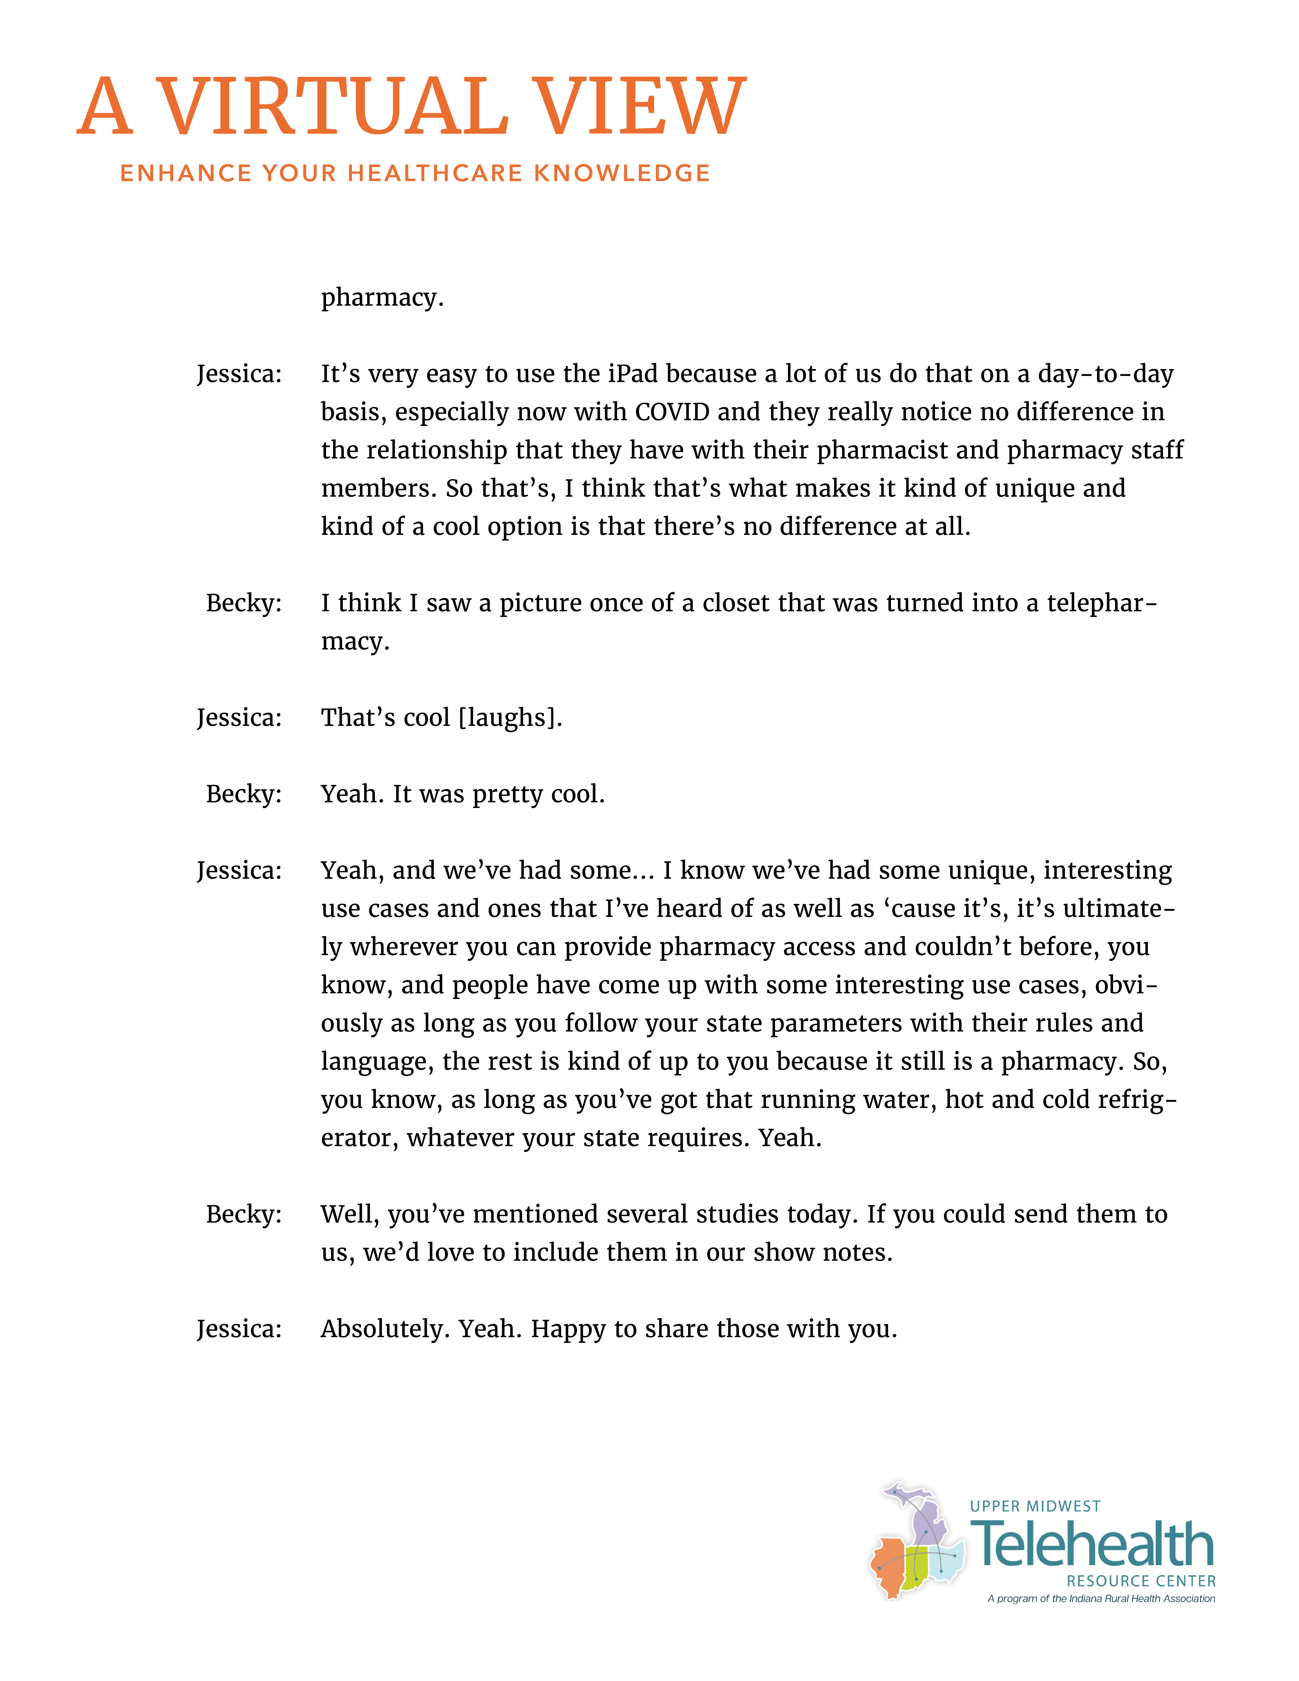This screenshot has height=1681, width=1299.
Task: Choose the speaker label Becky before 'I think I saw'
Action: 243,603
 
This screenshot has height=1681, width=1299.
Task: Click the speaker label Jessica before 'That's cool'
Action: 239,717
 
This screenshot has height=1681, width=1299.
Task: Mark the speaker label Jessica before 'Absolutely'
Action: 239,1328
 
